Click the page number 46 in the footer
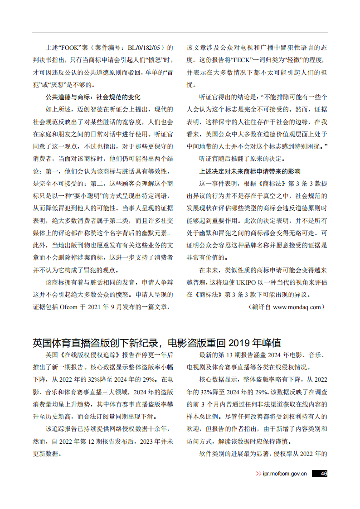323,474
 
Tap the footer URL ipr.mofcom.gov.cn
285,474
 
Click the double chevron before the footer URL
258,474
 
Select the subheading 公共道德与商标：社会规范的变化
92,97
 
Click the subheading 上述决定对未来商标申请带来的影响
249,171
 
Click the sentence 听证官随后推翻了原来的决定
242,159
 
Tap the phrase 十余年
161,428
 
